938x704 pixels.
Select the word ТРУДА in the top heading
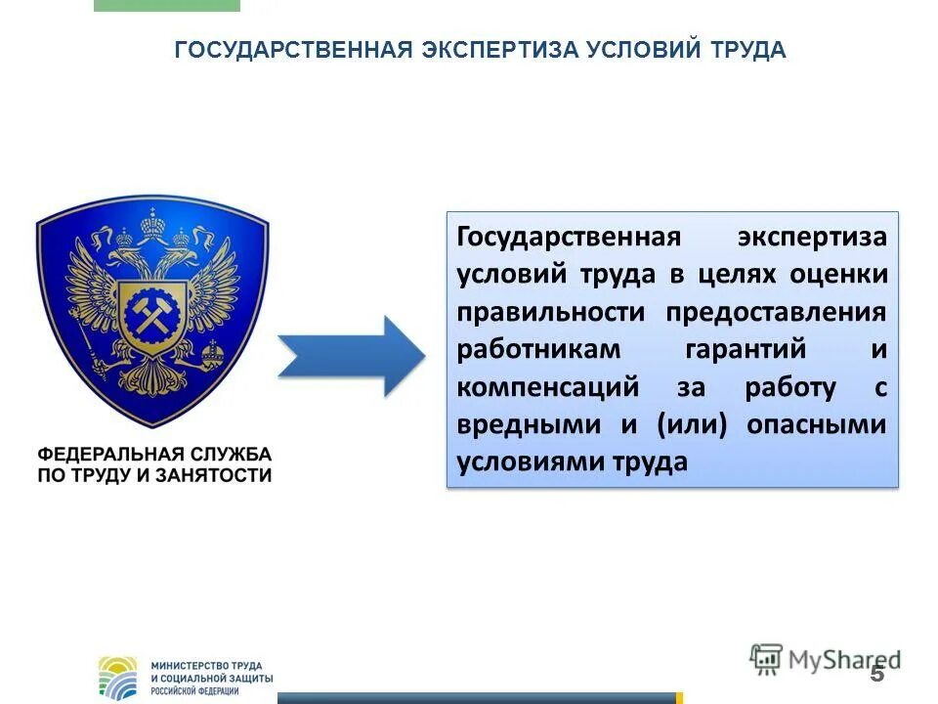click(749, 50)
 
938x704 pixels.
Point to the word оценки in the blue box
click(843, 275)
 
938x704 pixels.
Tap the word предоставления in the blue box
click(777, 312)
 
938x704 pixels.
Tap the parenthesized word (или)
click(695, 424)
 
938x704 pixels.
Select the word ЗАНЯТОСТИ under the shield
click(220, 476)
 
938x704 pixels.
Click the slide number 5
click(876, 674)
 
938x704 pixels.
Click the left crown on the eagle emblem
click(124, 237)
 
